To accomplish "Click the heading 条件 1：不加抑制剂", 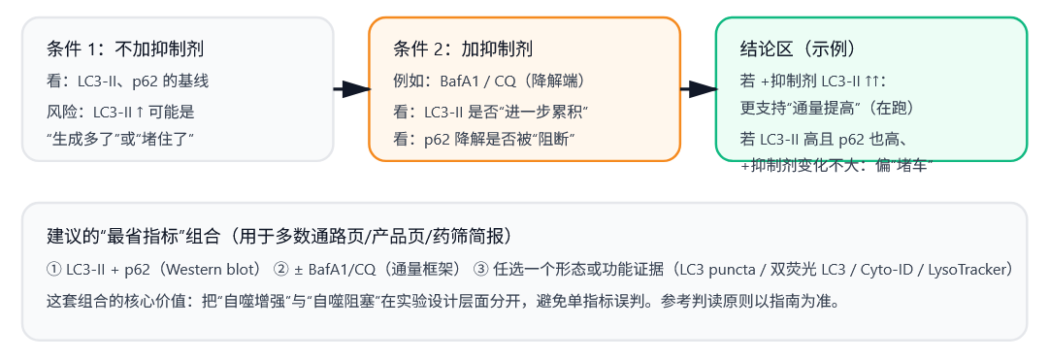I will coord(125,49).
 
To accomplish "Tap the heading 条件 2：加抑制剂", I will coord(463,49).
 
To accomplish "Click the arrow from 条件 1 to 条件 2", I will coord(351,89).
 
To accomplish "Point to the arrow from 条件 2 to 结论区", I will coord(698,89).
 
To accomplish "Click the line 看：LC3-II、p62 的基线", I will coord(127,81).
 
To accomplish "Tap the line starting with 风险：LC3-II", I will coord(120,111).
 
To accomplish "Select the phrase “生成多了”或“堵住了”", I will coord(120,139).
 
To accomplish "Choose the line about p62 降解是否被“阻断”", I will coord(484,139).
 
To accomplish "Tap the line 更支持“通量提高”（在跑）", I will coord(827,107).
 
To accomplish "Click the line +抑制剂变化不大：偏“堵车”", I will coord(836,165).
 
